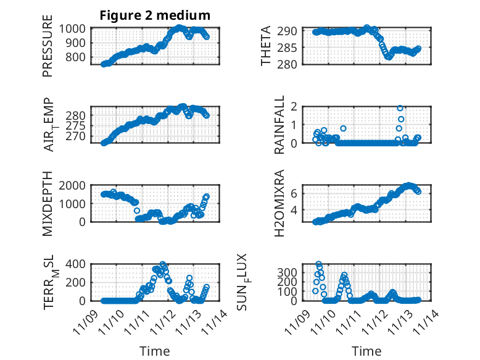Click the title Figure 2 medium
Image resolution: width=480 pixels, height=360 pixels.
(155, 15)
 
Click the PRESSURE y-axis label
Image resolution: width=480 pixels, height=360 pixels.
(48, 51)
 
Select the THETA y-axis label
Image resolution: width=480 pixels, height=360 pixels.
(267, 47)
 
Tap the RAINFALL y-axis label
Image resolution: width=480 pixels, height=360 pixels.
(279, 125)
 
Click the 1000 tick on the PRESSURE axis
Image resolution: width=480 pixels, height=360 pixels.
(77, 29)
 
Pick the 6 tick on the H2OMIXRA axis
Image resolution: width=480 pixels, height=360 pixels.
(295, 193)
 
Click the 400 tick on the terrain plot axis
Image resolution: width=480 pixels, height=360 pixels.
(79, 264)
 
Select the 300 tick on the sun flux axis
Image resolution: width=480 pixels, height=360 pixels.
(291, 272)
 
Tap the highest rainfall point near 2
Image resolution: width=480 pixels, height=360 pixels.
(400, 108)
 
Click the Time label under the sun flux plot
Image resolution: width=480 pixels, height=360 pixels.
(366, 351)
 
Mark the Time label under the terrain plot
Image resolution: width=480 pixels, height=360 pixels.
(155, 351)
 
